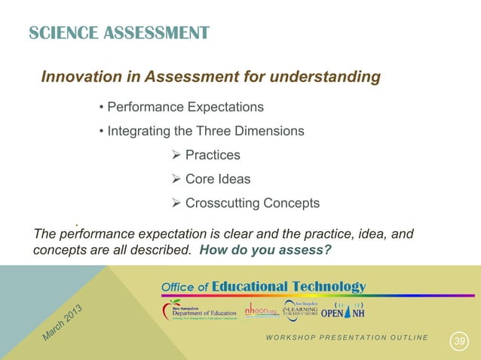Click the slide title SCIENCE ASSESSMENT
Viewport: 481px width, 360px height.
pyautogui.click(x=118, y=32)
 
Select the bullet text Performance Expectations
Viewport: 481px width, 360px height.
pyautogui.click(x=185, y=106)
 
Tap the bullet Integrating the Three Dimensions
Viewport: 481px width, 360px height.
pyautogui.click(x=205, y=131)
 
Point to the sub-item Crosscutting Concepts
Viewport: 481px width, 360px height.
pyautogui.click(x=252, y=203)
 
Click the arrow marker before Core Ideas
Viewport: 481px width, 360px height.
pyautogui.click(x=177, y=179)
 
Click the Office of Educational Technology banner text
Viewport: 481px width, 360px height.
pyautogui.click(x=263, y=287)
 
